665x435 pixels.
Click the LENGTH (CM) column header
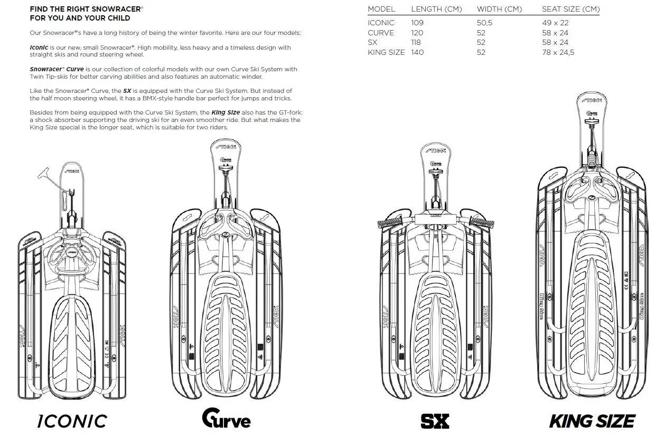tap(436, 9)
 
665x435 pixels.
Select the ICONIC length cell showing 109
tap(417, 23)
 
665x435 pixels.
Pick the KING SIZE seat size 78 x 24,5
tap(558, 52)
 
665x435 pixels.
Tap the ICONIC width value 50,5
tap(484, 23)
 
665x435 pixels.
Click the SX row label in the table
tap(372, 42)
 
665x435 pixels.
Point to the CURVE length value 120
tap(417, 33)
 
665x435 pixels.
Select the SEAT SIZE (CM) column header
tap(571, 9)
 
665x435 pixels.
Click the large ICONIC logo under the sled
tap(72, 421)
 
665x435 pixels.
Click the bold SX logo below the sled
tap(435, 421)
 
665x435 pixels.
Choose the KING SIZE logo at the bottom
tap(592, 421)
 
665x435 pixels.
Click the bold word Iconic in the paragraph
tap(39, 48)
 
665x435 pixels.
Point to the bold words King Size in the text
tap(226, 113)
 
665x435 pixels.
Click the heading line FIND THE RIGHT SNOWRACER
tap(87, 9)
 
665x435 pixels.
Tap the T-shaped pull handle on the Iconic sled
tap(44, 173)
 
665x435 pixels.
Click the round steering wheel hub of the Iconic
tap(71, 252)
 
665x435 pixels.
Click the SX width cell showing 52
tap(481, 42)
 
